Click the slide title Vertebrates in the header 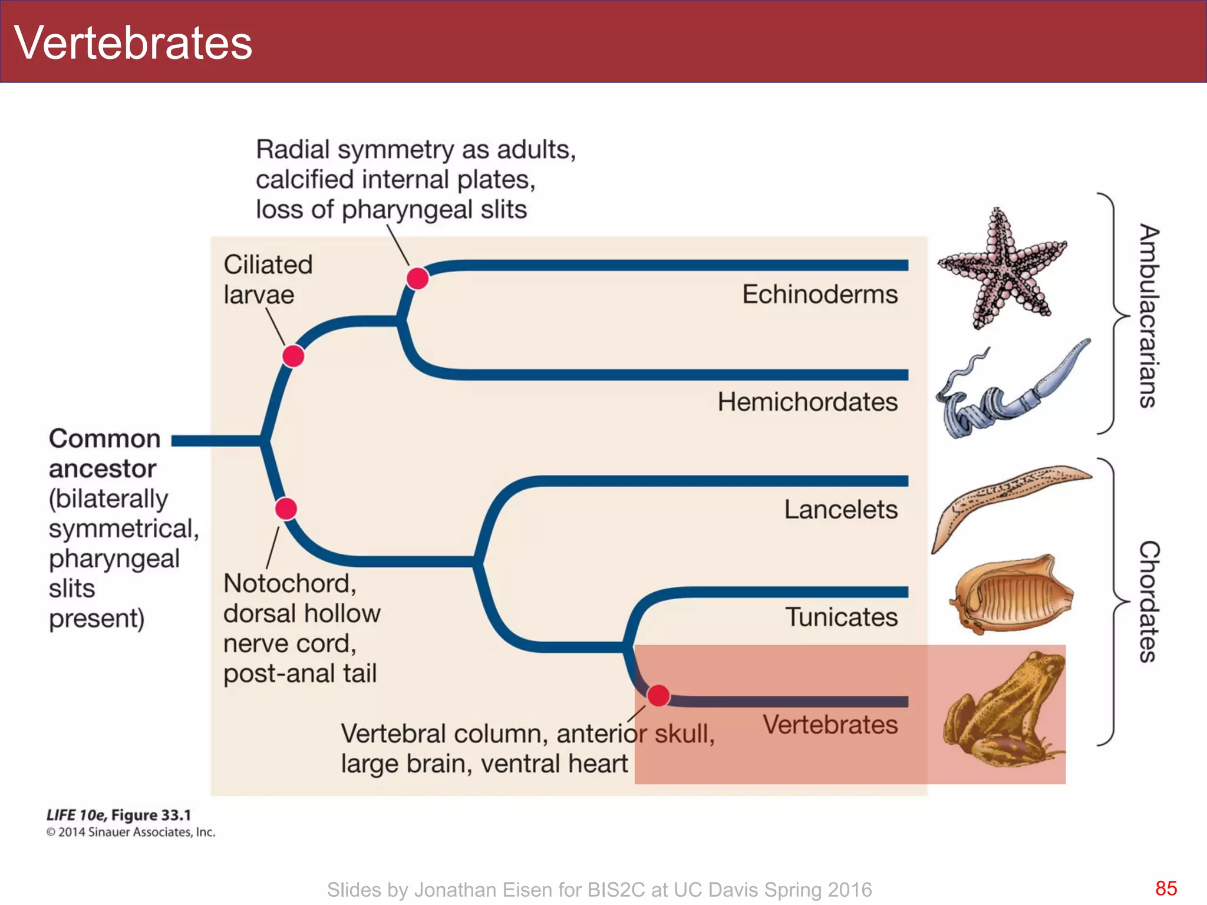[x=133, y=43]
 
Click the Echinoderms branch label [x=819, y=294]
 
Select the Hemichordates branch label [x=807, y=402]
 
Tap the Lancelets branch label [x=840, y=510]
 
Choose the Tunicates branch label [x=841, y=617]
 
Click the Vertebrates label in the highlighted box [x=830, y=725]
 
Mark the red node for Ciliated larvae [x=293, y=356]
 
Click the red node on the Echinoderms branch [x=417, y=278]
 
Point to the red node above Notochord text [x=286, y=508]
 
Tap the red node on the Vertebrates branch [x=658, y=696]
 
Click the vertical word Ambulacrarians [x=1148, y=316]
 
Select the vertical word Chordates [x=1148, y=601]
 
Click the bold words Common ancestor [x=104, y=454]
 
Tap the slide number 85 [x=1166, y=889]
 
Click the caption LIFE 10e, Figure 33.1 [x=118, y=815]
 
